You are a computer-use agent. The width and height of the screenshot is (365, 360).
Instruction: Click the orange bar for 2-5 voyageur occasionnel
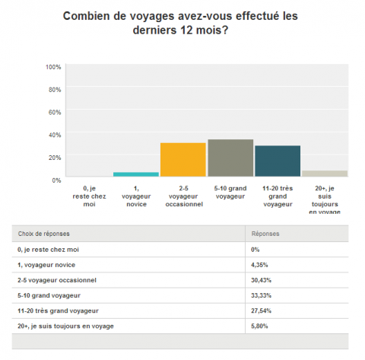pos(183,160)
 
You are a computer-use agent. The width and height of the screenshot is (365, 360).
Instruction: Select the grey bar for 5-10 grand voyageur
pos(230,158)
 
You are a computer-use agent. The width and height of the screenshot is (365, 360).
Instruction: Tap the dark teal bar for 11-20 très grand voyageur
pos(278,161)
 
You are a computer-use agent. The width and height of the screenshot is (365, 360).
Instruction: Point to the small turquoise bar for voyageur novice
pos(136,174)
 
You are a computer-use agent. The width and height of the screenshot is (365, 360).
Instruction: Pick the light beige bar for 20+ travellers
pos(325,174)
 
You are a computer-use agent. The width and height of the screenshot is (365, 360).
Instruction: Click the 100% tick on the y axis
pos(53,67)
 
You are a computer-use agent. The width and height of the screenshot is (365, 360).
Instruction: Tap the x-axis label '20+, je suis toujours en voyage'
pos(325,199)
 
